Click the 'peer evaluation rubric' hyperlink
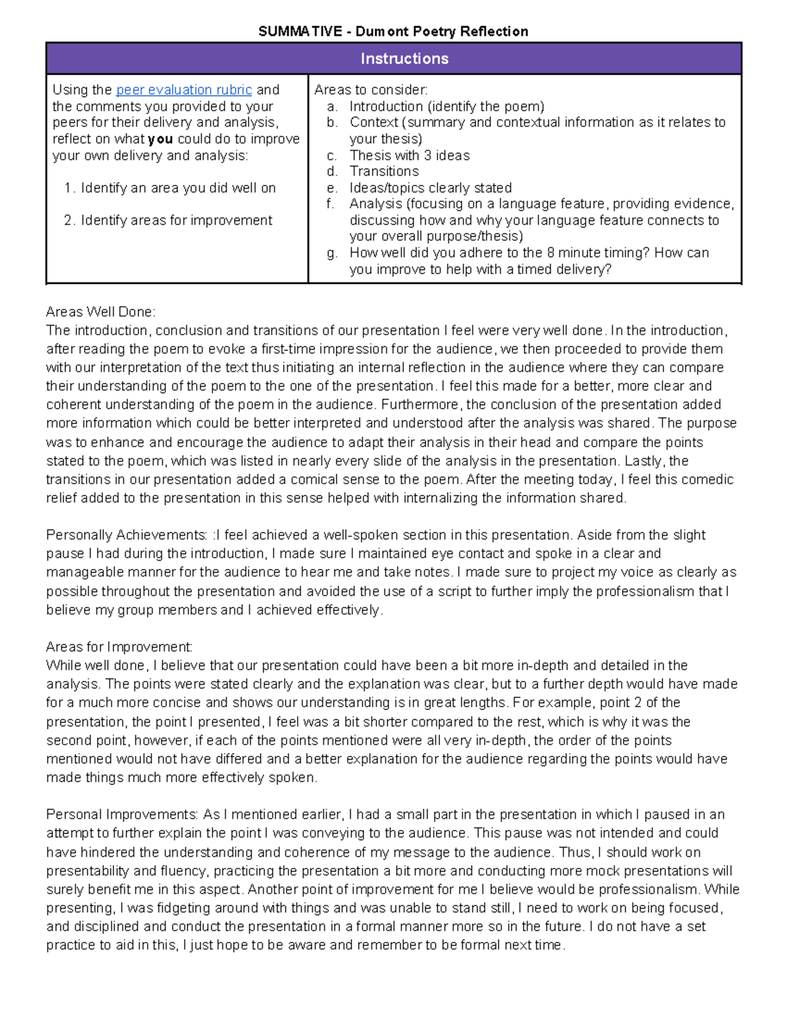point(184,90)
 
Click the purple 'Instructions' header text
point(404,58)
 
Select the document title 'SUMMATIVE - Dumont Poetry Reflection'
point(393,31)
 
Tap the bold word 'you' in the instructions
point(160,139)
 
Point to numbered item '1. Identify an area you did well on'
point(170,188)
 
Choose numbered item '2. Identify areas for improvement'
point(168,220)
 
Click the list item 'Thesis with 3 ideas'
point(409,155)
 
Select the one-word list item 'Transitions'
point(384,171)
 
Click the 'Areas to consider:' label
point(371,90)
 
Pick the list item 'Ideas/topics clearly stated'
point(430,187)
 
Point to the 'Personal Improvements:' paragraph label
point(122,814)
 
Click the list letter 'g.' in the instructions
point(332,253)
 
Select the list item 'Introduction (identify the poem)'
point(447,106)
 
